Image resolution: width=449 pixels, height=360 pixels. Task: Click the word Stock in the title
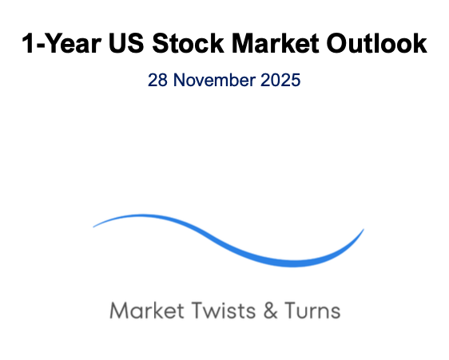188,43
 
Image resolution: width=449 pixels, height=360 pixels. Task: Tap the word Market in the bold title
275,43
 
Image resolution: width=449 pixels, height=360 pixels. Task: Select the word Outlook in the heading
376,43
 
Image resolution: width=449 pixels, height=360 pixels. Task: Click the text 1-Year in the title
62,43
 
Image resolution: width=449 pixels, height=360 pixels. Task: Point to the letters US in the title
126,43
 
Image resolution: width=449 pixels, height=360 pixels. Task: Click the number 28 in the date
157,80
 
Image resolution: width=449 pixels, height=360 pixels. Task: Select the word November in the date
214,80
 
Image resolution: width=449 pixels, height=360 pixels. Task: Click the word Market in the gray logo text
147,311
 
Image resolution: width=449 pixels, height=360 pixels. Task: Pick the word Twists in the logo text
224,311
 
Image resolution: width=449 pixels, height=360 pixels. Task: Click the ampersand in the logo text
271,311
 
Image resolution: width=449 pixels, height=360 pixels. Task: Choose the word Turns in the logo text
312,311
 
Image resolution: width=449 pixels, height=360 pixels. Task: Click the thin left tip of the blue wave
93,227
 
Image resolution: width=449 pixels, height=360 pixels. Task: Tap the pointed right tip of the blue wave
364,229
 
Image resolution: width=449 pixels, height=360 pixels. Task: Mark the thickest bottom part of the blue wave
292,264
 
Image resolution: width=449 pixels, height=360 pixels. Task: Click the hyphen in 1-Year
40,45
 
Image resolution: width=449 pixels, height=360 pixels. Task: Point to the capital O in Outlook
337,43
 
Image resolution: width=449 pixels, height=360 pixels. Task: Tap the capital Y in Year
54,43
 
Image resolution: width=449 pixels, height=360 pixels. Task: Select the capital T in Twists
197,311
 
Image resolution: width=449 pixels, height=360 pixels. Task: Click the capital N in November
179,80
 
